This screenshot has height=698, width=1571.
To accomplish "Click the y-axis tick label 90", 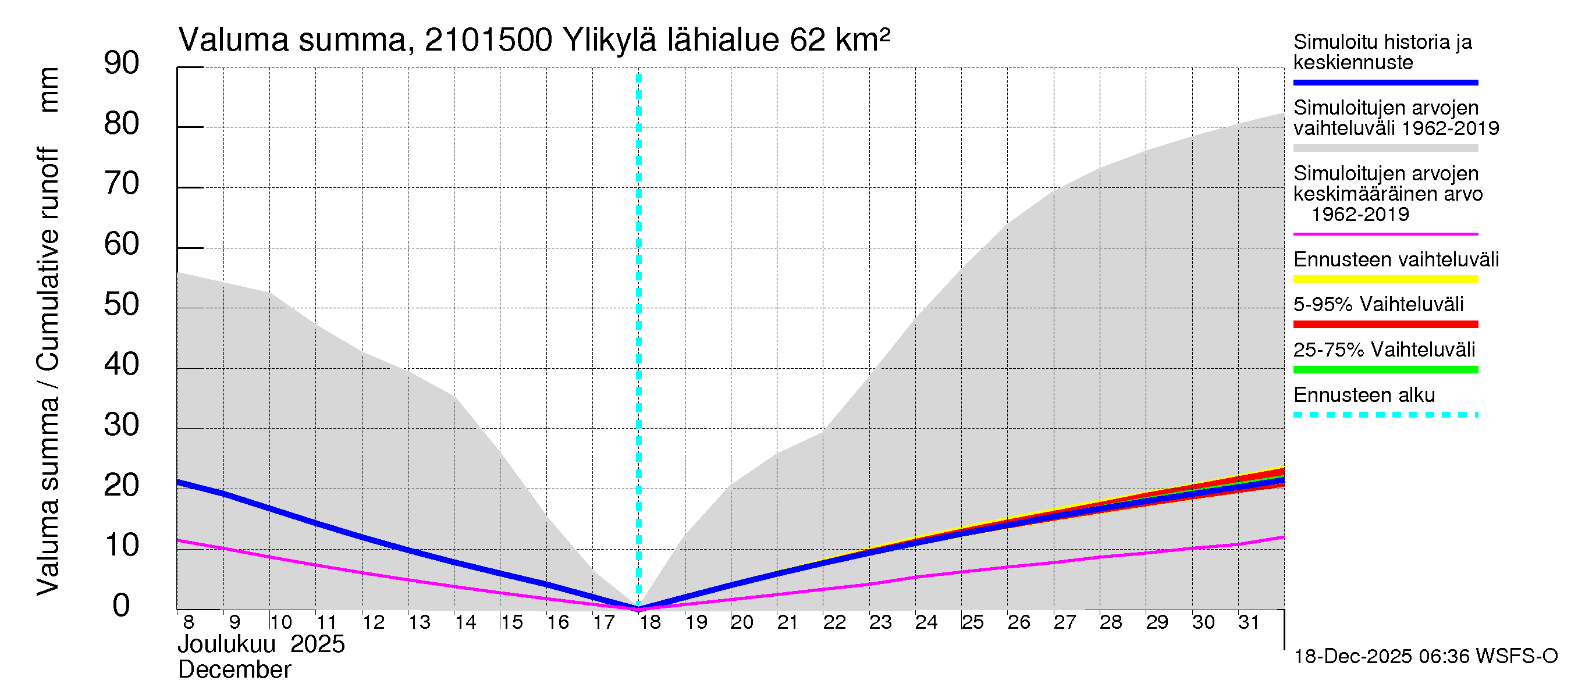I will (122, 63).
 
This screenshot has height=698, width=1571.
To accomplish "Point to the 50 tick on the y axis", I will (122, 305).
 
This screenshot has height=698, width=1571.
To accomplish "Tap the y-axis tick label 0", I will (122, 606).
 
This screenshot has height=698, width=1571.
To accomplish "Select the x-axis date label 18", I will (650, 622).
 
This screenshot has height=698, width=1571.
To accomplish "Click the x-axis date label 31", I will (1249, 622).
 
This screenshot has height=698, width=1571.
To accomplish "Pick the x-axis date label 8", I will (189, 622).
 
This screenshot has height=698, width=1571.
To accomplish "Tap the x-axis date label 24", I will (926, 622).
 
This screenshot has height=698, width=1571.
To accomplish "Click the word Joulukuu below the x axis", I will (227, 644).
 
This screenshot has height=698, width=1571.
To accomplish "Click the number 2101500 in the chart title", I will (488, 40).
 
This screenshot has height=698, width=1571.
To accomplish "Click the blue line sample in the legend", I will (1385, 82).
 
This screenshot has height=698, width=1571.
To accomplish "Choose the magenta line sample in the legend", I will (1385, 234).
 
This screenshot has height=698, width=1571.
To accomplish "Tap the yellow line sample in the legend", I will (1385, 279).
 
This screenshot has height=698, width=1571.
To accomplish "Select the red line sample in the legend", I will (1385, 325).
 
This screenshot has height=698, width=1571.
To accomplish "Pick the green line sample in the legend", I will (1385, 369).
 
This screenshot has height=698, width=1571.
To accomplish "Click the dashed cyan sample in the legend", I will (1385, 415).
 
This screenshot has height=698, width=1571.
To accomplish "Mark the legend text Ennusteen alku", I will (1364, 395).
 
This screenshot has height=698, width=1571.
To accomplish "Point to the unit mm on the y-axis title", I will (49, 90).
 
